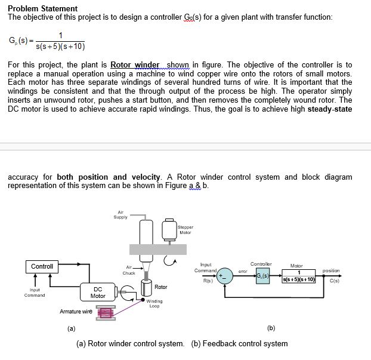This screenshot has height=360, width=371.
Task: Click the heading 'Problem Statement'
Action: coord(42,8)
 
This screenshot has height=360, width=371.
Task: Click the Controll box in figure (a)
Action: coord(42,266)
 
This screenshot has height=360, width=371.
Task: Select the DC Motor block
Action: coord(98,293)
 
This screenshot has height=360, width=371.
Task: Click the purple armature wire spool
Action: coord(106,313)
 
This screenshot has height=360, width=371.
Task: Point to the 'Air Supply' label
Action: coord(120,214)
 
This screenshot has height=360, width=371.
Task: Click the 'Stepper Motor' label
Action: coord(185,230)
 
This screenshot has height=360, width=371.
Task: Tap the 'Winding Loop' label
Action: coord(154,303)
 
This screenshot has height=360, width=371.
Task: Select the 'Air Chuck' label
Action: coord(129,270)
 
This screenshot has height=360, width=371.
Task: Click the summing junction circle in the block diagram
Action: coord(225,276)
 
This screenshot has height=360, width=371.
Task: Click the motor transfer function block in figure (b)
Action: coord(296,276)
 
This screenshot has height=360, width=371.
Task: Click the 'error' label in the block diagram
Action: coord(242,272)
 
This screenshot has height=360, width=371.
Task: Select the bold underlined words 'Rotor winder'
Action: coord(135,64)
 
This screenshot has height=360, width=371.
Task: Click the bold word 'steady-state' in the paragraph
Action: coord(327,109)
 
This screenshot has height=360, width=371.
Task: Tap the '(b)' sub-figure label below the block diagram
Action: coord(271,328)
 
